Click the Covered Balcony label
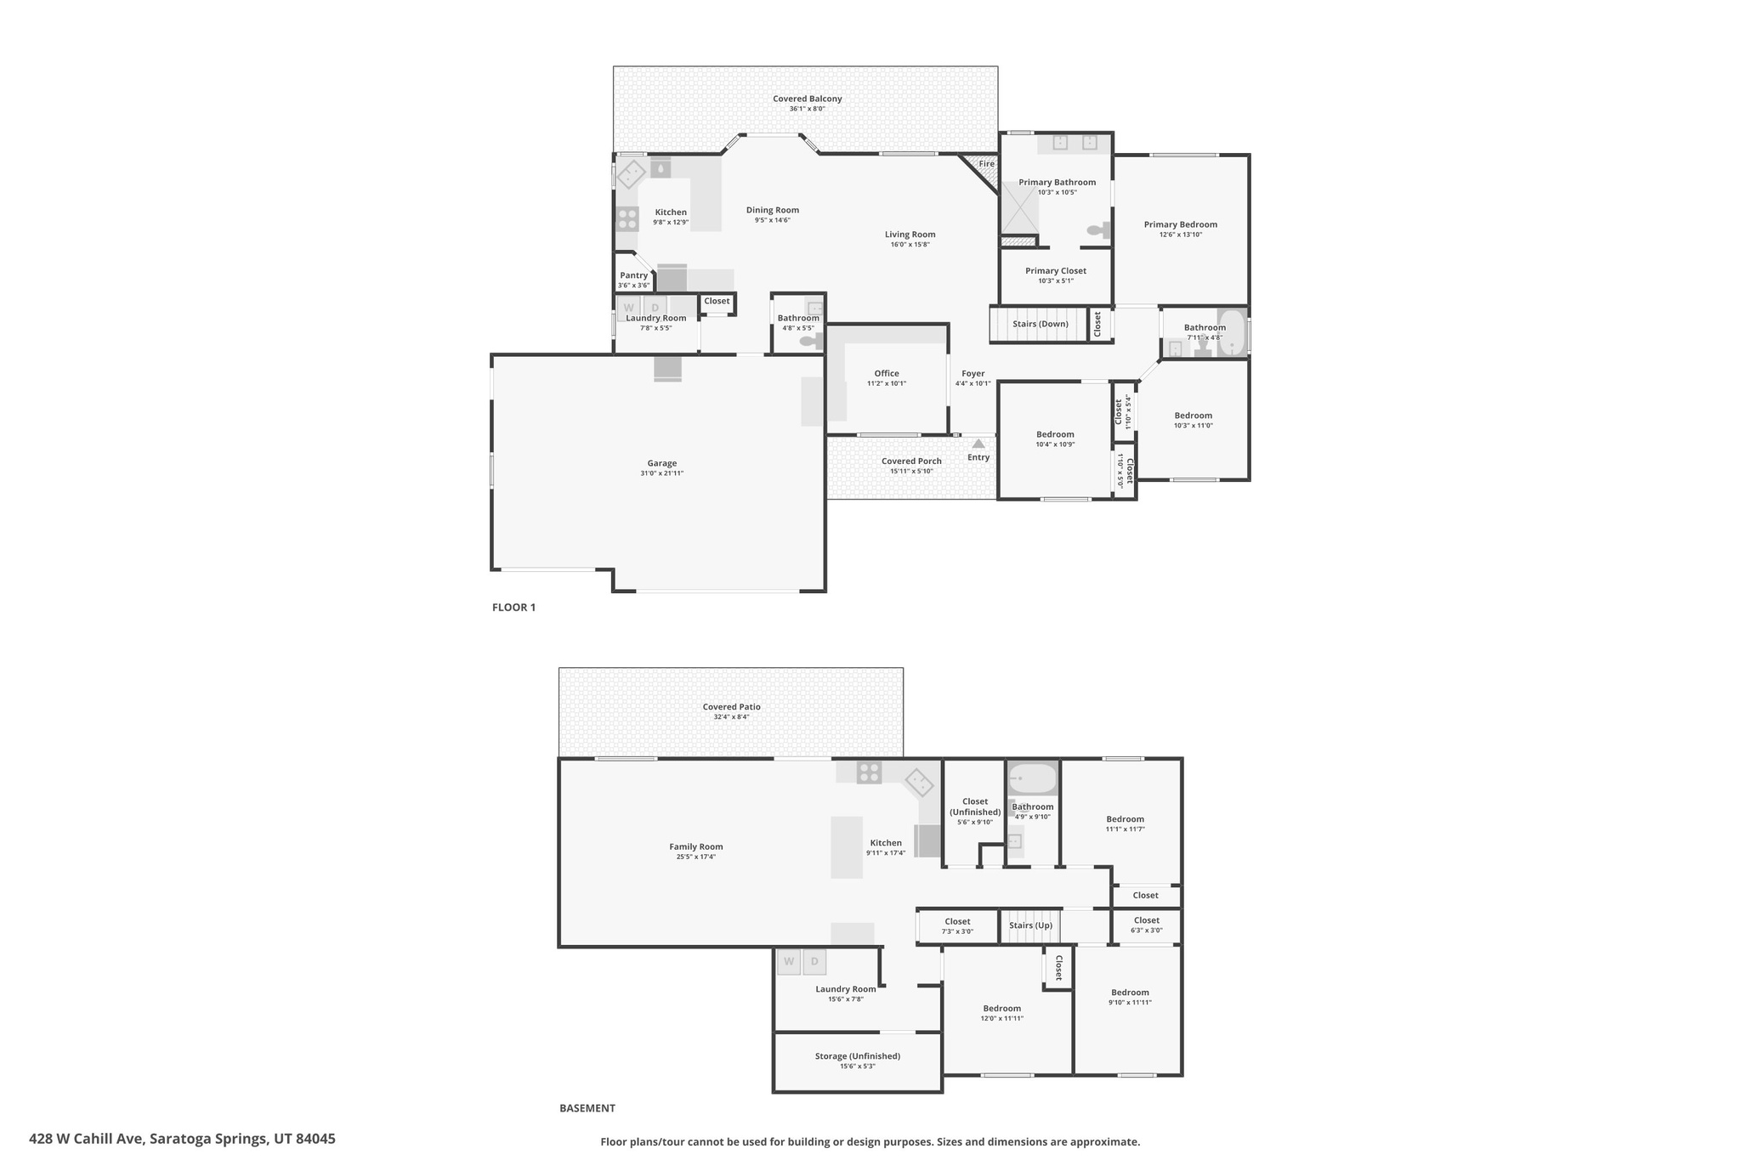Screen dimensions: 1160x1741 coord(807,99)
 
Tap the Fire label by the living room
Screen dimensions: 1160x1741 coord(986,164)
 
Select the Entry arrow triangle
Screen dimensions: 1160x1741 coord(978,444)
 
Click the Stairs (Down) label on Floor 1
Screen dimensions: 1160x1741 coord(1040,324)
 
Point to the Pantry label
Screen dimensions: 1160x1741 coord(633,275)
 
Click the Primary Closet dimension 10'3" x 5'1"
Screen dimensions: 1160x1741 coord(1055,281)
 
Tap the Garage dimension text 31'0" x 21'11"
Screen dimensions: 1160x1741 coord(661,473)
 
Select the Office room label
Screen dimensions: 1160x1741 coord(886,373)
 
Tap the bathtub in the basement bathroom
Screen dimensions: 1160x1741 coord(1032,778)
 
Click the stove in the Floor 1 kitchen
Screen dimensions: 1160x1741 coord(627,218)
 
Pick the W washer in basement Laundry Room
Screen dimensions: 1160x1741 coord(789,961)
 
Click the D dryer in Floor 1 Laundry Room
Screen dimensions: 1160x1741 coord(655,307)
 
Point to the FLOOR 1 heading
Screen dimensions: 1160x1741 coord(513,608)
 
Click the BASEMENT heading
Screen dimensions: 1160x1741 coord(587,1108)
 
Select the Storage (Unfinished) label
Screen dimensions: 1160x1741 coord(857,1056)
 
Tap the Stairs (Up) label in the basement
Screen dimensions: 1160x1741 coord(1030,925)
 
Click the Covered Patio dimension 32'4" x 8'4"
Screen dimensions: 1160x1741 coord(731,717)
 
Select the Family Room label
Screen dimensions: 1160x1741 coord(695,846)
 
